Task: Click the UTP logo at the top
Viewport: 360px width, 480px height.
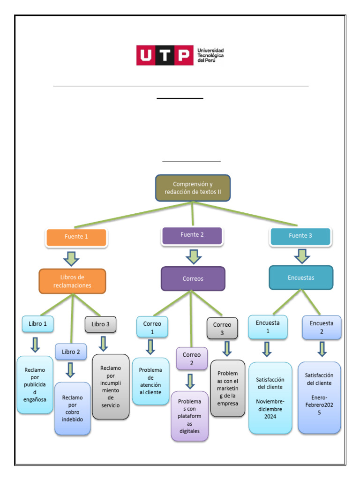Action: (x=180, y=55)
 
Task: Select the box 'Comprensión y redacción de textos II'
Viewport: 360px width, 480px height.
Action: (x=193, y=188)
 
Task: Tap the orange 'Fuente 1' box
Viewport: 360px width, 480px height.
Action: (x=76, y=237)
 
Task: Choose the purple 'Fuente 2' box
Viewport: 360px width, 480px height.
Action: (x=192, y=235)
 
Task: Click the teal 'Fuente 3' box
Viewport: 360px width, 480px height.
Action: (x=300, y=236)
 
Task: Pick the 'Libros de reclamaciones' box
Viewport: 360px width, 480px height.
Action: (x=72, y=281)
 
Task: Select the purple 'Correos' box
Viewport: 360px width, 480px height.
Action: (x=193, y=279)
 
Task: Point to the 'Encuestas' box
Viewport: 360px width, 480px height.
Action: (x=300, y=278)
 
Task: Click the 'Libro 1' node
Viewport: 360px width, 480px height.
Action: (x=37, y=324)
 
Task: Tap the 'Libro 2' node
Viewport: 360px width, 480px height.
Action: (x=71, y=352)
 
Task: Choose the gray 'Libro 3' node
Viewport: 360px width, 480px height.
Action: (x=100, y=324)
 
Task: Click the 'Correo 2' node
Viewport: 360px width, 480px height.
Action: (x=191, y=359)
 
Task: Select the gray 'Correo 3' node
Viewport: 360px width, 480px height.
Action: (x=222, y=328)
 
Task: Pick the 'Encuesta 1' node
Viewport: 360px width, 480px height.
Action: (x=268, y=327)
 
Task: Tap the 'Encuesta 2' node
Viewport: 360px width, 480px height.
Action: (x=322, y=327)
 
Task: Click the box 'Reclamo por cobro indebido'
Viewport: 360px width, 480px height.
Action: (x=72, y=408)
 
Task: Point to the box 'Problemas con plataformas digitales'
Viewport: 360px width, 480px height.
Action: (x=189, y=416)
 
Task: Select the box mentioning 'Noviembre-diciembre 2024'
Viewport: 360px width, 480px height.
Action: (x=270, y=397)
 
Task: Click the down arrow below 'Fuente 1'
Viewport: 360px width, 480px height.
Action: (x=72, y=258)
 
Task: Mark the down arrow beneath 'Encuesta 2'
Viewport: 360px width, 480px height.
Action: (x=322, y=349)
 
